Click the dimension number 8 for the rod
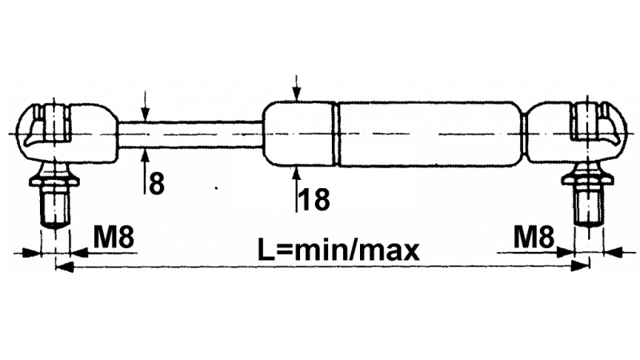coord(157,184)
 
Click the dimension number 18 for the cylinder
coord(314,199)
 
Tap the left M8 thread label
coord(114,236)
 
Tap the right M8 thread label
coord(534,236)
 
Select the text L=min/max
coord(338,250)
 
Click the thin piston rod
coord(190,134)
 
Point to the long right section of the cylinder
coord(430,134)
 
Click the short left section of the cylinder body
coord(298,134)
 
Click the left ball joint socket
coord(67,133)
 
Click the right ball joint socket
coord(575,132)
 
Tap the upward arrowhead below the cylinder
coord(297,173)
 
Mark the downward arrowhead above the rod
coord(146,115)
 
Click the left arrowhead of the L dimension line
coord(64,267)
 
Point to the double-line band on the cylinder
coord(337,134)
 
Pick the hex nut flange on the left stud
coord(54,180)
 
